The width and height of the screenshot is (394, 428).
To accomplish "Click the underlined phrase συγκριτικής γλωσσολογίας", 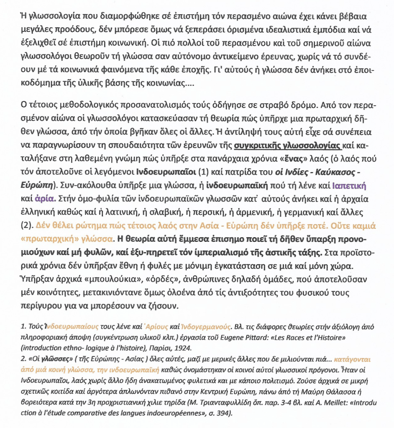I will pyautogui.click(x=288, y=146).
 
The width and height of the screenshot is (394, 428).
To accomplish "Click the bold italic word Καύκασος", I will pyautogui.click(x=341, y=172).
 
